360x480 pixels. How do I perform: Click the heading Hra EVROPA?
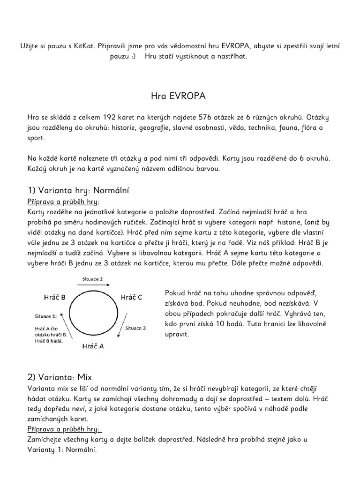click(178, 96)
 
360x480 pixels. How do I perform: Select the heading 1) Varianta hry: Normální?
click(78, 190)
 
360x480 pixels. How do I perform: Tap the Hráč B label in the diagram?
click(54, 297)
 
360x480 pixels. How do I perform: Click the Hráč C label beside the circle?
click(131, 297)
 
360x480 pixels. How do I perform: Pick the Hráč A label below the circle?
click(93, 346)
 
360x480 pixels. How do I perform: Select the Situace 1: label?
click(46, 316)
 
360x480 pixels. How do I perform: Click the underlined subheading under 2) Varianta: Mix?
click(65, 430)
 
